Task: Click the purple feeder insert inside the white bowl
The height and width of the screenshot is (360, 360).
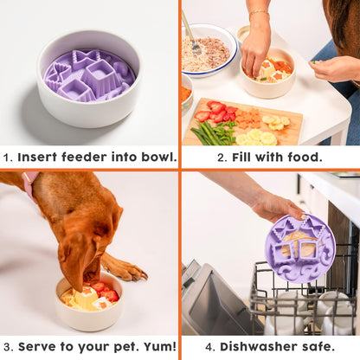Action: coord(90,74)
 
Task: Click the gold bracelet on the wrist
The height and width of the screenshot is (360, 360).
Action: coord(258,14)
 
